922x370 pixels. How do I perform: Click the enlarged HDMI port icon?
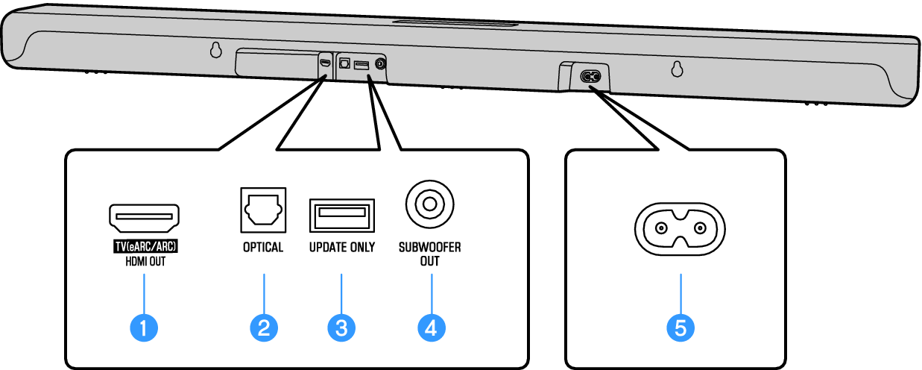pyautogui.click(x=145, y=218)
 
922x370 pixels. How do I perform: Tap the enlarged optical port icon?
pyautogui.click(x=263, y=208)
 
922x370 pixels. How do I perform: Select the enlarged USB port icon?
pyautogui.click(x=341, y=216)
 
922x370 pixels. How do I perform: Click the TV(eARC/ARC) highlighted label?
pyautogui.click(x=145, y=247)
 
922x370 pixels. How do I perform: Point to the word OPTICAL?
pyautogui.click(x=263, y=248)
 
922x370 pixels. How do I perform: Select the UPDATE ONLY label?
pyautogui.click(x=342, y=248)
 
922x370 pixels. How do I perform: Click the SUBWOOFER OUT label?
pyautogui.click(x=429, y=254)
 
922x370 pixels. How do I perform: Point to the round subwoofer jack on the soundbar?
pyautogui.click(x=381, y=65)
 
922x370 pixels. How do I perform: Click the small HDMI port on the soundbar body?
pyautogui.click(x=325, y=63)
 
